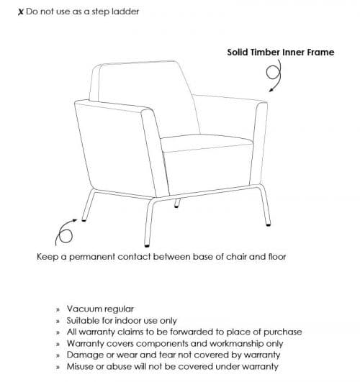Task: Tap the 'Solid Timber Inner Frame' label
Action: pyautogui.click(x=280, y=52)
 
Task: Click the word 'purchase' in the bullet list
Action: pyautogui.click(x=279, y=332)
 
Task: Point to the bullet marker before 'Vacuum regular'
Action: pyautogui.click(x=57, y=309)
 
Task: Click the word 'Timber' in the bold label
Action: pyautogui.click(x=266, y=52)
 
